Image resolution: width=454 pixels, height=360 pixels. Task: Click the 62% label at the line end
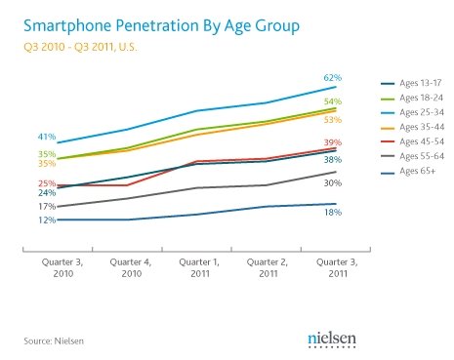coord(333,78)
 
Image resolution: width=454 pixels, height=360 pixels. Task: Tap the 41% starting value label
coord(47,137)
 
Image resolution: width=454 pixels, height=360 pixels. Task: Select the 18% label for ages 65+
coord(333,213)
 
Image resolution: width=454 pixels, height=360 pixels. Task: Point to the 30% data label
coord(333,183)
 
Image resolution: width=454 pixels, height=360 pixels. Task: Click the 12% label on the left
coord(47,220)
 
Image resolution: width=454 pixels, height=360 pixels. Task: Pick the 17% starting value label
coord(47,207)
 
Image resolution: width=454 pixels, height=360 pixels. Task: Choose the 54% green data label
coord(333,101)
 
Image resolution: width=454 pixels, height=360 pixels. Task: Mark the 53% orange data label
coord(333,120)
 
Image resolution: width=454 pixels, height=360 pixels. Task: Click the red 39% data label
coord(333,142)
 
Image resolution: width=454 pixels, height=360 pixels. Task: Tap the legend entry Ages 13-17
coord(411,83)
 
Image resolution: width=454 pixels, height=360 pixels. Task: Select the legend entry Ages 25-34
coord(412,112)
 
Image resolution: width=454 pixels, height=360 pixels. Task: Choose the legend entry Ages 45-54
coord(412,141)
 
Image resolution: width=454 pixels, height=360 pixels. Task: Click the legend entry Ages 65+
coord(408,171)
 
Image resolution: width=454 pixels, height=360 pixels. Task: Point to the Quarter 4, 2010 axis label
coord(131,267)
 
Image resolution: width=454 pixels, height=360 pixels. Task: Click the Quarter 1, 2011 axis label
coord(199,267)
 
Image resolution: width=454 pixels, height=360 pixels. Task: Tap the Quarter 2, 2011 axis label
coord(268,267)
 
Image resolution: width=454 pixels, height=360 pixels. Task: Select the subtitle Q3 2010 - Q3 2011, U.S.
coord(80,47)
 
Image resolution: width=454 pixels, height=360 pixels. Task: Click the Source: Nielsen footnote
coord(54,340)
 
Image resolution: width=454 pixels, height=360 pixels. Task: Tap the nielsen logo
coord(332,340)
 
